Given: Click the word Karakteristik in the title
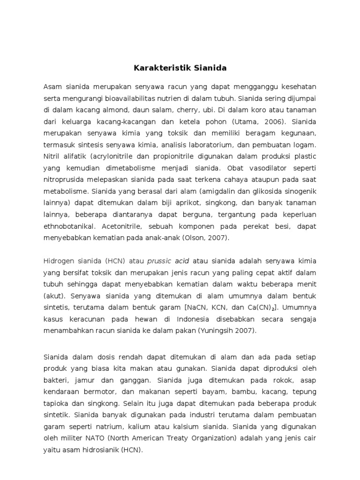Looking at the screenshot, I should point(156,68).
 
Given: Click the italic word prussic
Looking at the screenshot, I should point(159,261).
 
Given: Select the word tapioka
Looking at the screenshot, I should point(57,403).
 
